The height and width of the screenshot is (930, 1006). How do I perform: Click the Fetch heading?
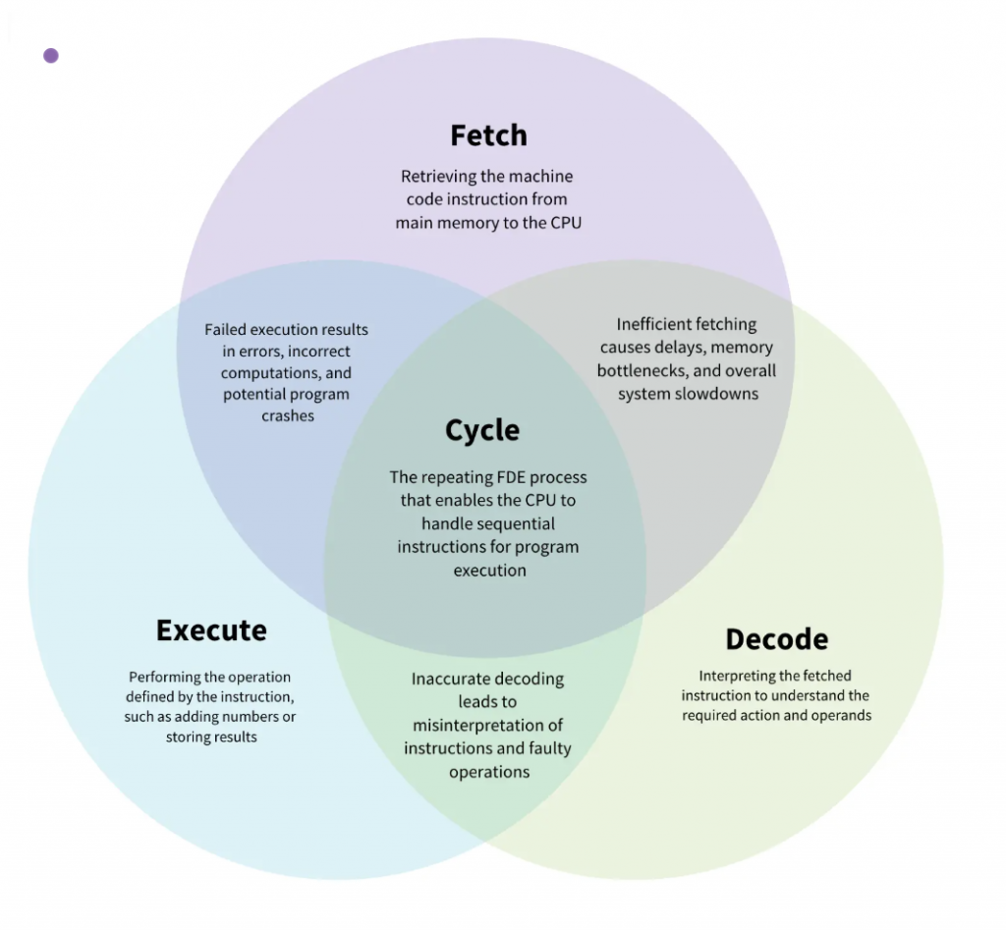(488, 135)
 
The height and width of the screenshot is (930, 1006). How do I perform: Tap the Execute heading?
(211, 629)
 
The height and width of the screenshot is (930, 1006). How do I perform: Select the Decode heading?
(776, 639)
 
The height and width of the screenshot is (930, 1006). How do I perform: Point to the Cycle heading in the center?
(482, 430)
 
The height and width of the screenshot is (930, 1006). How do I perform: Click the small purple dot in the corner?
(51, 55)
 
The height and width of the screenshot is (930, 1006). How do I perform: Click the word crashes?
(288, 415)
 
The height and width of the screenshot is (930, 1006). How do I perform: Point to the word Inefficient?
(648, 324)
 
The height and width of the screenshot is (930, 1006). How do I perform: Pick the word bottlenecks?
(640, 370)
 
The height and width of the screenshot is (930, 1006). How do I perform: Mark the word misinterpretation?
(478, 725)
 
